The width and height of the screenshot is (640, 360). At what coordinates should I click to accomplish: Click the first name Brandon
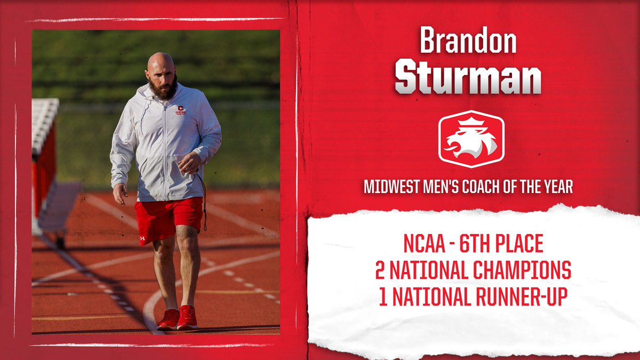[468, 41]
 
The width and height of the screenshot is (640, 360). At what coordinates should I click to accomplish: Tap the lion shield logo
[471, 139]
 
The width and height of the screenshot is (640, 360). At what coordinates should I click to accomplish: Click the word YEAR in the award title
[557, 188]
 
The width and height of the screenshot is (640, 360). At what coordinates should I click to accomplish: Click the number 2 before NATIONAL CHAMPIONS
[380, 271]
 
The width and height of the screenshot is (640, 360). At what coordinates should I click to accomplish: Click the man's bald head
[160, 60]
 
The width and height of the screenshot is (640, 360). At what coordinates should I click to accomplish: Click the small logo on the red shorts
[142, 238]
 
